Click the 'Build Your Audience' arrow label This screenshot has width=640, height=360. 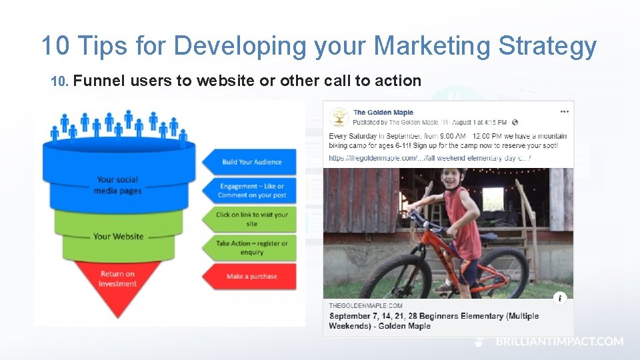251,162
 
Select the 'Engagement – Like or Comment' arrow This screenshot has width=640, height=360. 251,191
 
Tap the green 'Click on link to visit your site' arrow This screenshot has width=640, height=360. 251,219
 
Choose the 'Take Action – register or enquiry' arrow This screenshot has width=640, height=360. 251,247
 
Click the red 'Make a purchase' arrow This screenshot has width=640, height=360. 251,276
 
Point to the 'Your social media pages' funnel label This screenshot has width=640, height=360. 118,185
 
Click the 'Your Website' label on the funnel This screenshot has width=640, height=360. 118,236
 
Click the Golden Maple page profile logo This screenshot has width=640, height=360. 340,117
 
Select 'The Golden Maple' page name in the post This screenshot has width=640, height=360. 383,113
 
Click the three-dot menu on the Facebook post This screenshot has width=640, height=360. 565,111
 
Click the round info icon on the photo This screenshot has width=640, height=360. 561,298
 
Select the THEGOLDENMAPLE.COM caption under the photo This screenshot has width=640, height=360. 365,305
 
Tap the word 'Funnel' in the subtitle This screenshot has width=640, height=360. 99,81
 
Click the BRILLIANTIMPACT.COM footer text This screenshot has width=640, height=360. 559,341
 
